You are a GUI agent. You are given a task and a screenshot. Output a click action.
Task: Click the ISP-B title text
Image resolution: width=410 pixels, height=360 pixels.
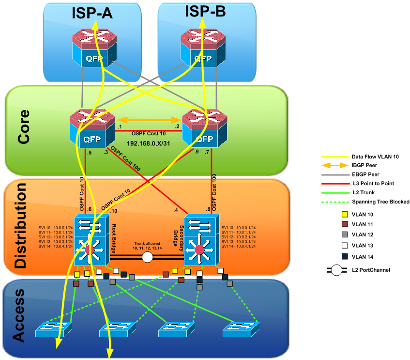click(205, 12)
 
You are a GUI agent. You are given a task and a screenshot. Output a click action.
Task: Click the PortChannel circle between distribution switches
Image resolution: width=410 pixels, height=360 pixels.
click(147, 257)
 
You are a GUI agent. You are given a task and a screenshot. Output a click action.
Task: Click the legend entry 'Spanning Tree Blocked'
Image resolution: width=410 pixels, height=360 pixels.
click(380, 202)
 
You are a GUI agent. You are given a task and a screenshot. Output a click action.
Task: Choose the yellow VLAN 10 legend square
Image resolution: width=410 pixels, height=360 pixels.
click(344, 214)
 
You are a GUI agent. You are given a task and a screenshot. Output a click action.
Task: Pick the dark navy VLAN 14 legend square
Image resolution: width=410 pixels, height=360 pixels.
click(344, 256)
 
